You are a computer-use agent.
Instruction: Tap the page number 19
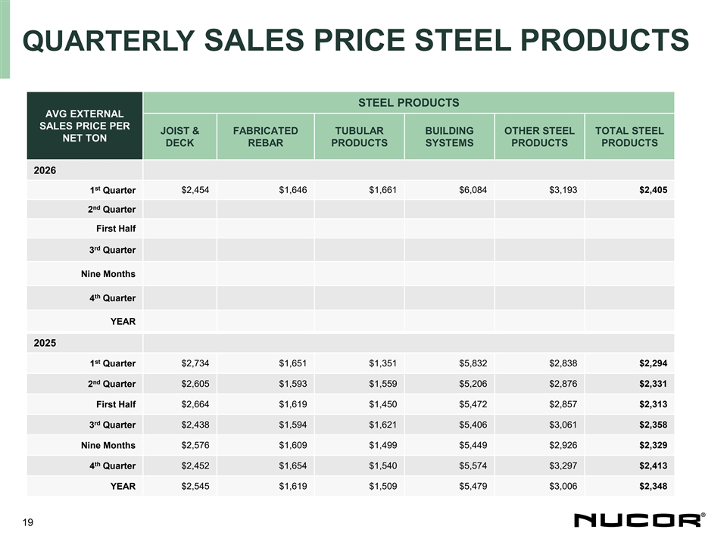click(28, 522)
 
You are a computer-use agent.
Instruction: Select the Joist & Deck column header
click(179, 136)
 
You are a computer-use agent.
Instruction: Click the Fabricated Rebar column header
click(266, 136)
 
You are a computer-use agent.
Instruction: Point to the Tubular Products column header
click(359, 136)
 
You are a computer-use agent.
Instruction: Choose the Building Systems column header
click(449, 136)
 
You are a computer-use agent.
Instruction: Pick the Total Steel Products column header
click(629, 136)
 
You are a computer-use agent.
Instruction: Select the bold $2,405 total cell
click(653, 189)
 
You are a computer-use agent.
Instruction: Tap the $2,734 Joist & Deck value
click(195, 363)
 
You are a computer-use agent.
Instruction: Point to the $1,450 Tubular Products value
click(382, 403)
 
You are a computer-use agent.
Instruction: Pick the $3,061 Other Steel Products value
click(563, 424)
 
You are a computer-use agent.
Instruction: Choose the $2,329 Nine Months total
click(653, 445)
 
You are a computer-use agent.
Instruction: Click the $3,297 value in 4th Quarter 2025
click(563, 466)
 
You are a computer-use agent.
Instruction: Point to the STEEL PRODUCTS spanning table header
click(408, 102)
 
